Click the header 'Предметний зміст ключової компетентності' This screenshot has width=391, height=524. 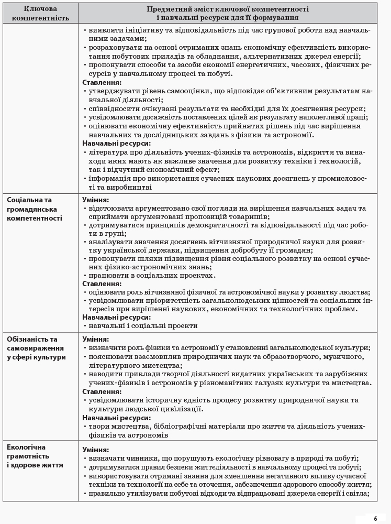click(227, 9)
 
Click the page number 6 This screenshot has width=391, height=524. click(375, 519)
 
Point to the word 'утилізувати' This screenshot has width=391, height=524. click(148, 493)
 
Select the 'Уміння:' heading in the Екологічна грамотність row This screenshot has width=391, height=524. click(96, 450)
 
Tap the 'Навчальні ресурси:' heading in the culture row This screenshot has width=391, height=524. click(116, 418)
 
